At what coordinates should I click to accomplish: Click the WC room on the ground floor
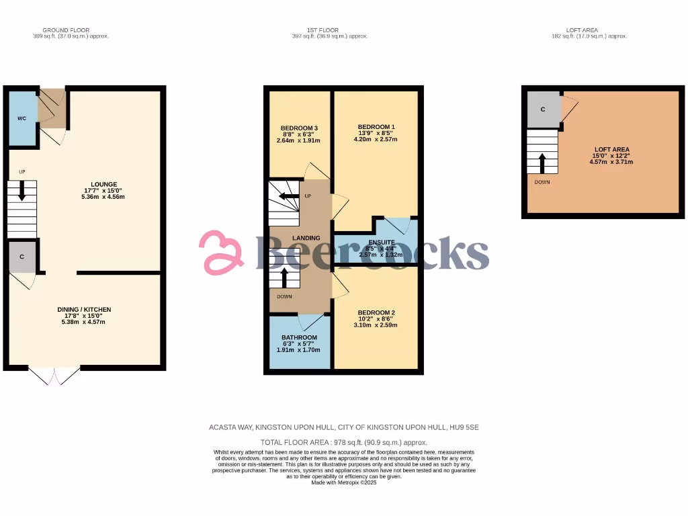[21, 119]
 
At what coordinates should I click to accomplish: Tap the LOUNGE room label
[105, 184]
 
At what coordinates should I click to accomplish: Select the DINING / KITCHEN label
[84, 310]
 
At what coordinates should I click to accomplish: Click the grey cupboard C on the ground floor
[22, 257]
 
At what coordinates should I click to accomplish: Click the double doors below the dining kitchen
[54, 376]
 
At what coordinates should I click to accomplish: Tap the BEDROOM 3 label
[299, 128]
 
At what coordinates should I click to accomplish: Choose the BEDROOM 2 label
[376, 312]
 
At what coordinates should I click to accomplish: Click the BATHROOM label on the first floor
[299, 337]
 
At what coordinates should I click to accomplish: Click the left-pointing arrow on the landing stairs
[286, 196]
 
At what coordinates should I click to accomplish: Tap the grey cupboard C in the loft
[543, 109]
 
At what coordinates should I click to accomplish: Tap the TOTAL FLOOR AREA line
[343, 442]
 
